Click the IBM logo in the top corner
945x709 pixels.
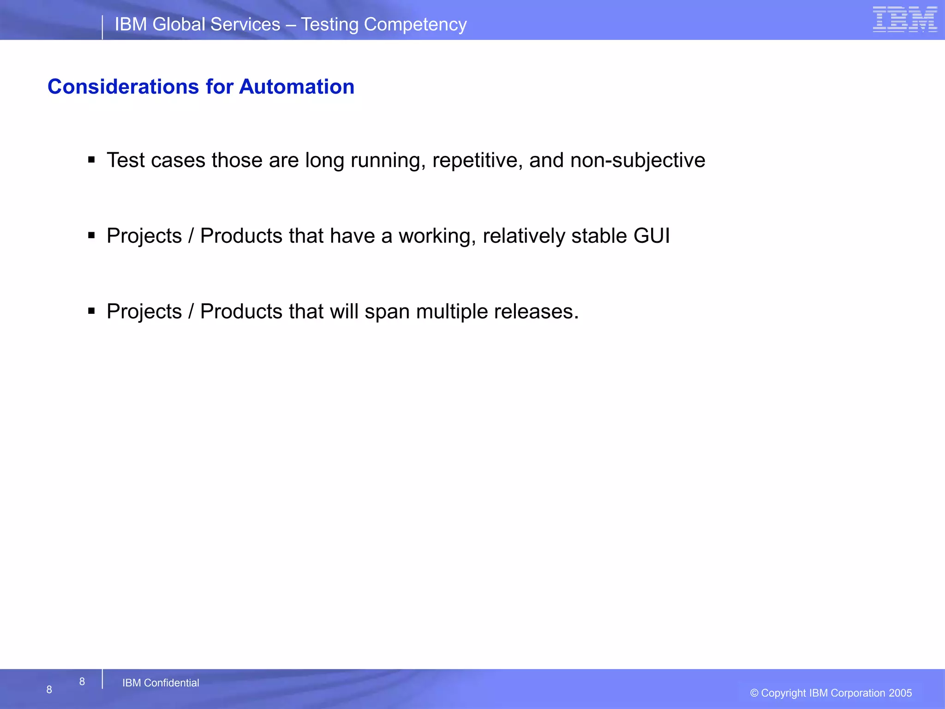pyautogui.click(x=904, y=19)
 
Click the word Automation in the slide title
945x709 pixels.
pyautogui.click(x=297, y=87)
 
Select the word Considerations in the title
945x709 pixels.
pyautogui.click(x=123, y=87)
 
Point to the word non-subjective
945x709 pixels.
pyautogui.click(x=638, y=161)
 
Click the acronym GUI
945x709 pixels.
pyautogui.click(x=652, y=236)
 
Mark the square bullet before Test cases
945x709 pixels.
pyautogui.click(x=91, y=160)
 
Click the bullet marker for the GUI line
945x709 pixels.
pyautogui.click(x=91, y=236)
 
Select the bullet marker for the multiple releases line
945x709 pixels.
pyautogui.click(x=91, y=311)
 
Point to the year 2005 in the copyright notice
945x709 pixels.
pyautogui.click(x=900, y=693)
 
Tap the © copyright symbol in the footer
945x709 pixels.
pyautogui.click(x=754, y=693)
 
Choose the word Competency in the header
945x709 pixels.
pyautogui.click(x=415, y=24)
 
